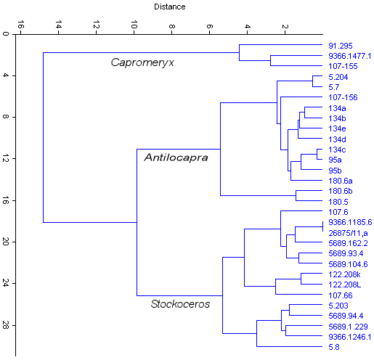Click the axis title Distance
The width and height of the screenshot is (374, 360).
[x=169, y=7]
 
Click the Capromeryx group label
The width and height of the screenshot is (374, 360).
[x=142, y=62]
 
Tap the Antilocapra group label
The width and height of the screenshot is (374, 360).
[x=172, y=157]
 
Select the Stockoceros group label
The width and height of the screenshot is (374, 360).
[x=180, y=304]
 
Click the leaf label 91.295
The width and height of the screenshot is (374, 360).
[x=341, y=46]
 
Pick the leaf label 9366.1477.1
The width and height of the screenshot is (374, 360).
[x=349, y=56]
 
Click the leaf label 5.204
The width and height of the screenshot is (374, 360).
[x=338, y=76]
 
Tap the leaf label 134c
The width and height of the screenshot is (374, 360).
[x=337, y=150]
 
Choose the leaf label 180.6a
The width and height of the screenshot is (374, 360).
[x=341, y=181]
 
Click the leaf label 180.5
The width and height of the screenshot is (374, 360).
[x=338, y=202]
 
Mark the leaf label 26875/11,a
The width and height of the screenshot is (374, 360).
[x=348, y=233]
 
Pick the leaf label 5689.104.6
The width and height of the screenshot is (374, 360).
[x=348, y=264]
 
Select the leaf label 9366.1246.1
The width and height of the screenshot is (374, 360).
[x=349, y=337]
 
